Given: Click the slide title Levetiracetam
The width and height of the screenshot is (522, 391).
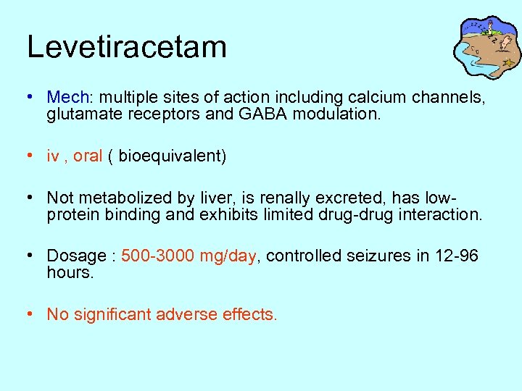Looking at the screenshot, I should coord(127,47).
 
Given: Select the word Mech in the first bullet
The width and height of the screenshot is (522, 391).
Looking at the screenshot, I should coord(67,96).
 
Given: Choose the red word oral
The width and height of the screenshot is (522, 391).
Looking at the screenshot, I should coord(88,156).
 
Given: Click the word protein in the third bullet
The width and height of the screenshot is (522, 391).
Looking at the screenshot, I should coord(70,215).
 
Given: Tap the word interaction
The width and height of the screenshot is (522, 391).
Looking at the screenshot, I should coord(441,215).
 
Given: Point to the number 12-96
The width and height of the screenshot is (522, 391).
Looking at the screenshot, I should coord(456,256).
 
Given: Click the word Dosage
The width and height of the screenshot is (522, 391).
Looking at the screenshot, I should coord(76,256).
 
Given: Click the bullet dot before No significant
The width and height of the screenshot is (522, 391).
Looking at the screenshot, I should coord(29,315).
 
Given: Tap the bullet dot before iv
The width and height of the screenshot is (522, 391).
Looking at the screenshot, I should coord(29,156).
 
